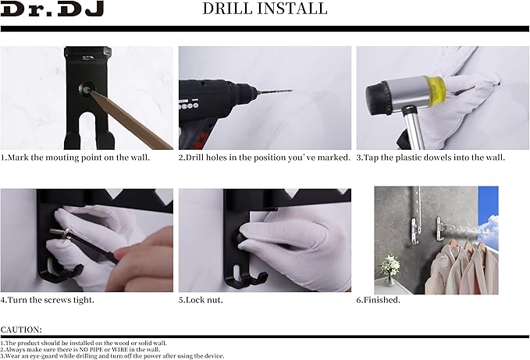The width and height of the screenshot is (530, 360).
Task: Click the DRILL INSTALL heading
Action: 265,9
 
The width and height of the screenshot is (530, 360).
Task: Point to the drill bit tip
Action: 291,91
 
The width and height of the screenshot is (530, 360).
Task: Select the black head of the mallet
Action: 379,98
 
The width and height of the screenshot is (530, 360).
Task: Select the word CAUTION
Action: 22,330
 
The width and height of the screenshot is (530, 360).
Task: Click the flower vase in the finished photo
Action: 389,269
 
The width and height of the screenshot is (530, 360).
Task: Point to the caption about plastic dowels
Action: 431,157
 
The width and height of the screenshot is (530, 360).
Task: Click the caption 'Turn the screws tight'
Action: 47,299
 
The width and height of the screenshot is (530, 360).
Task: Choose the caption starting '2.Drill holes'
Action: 264,157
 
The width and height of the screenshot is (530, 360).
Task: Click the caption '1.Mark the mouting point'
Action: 76,157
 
